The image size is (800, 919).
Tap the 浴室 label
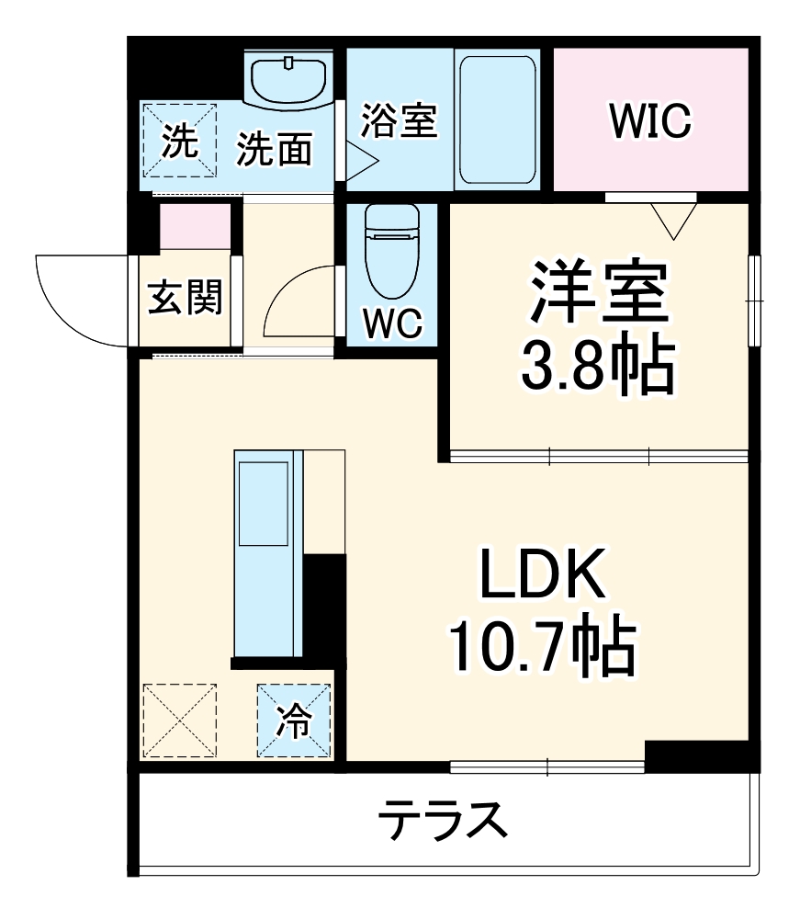click(398, 120)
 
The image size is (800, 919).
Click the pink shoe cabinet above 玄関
click(195, 227)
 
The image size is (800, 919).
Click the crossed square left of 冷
click(180, 721)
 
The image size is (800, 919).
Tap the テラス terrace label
click(444, 819)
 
